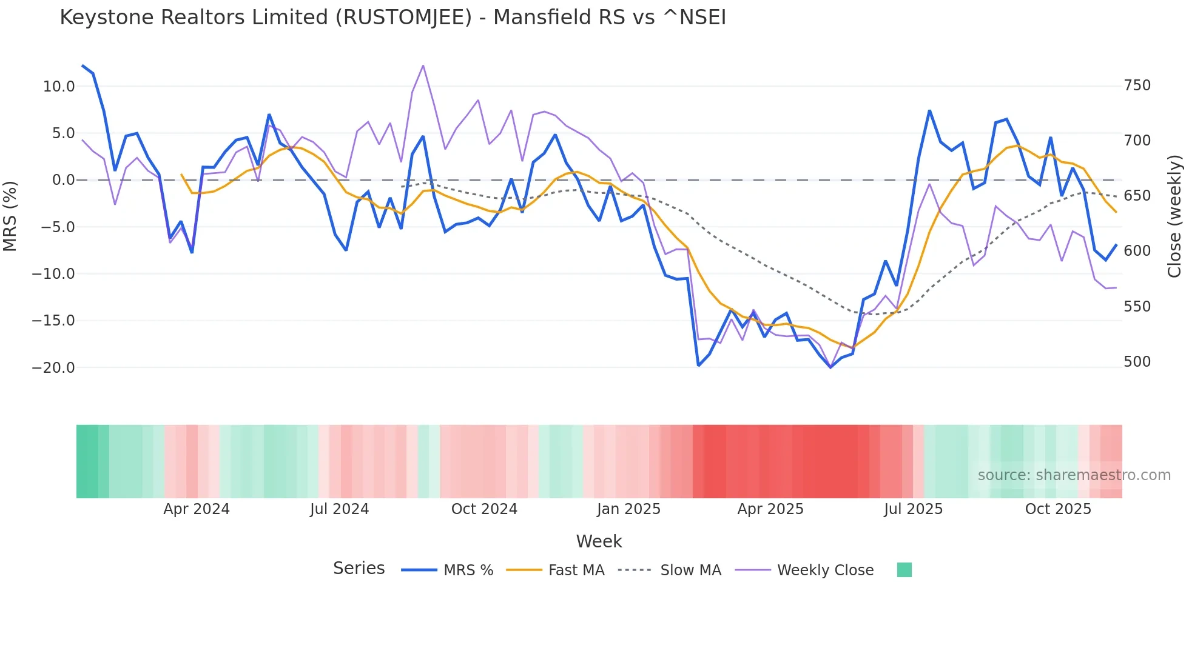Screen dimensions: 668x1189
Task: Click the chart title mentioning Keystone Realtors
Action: [392, 17]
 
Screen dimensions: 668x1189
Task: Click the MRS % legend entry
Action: [468, 570]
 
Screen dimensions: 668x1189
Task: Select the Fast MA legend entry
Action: [576, 570]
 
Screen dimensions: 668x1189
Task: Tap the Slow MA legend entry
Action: [690, 570]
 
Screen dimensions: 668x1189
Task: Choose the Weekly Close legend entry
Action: [825, 570]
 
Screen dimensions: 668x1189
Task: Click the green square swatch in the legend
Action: [904, 570]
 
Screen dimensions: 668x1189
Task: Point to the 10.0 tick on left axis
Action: [59, 87]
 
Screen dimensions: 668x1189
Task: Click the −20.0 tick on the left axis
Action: [53, 368]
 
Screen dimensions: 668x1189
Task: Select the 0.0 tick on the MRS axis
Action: [63, 180]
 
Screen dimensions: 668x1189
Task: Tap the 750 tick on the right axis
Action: [1137, 85]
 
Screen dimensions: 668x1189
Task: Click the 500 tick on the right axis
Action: [1137, 362]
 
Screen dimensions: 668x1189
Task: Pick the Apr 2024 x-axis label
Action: [196, 509]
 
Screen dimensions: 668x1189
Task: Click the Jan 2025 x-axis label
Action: [628, 509]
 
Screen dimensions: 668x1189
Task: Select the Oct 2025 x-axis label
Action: [1058, 509]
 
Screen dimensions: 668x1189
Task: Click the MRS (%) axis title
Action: [10, 216]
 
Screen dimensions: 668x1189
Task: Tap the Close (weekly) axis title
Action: [1174, 216]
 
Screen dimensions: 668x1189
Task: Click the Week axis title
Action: [599, 541]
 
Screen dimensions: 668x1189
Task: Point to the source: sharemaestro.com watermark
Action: [1074, 475]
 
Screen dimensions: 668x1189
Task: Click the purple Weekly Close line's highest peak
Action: [423, 65]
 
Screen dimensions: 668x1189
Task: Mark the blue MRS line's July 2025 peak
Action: [929, 111]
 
